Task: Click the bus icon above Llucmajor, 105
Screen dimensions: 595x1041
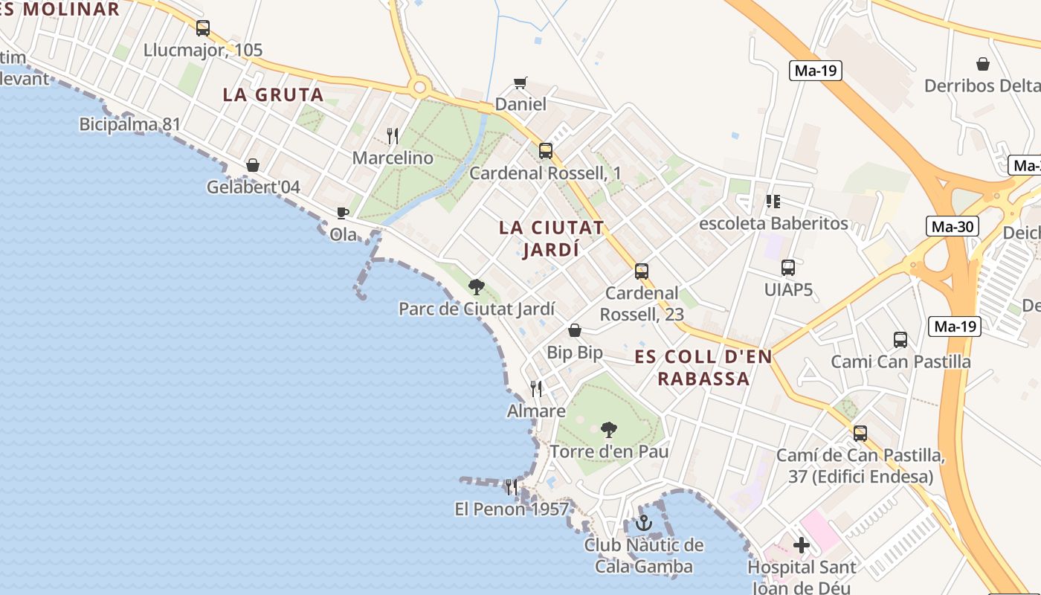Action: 203,28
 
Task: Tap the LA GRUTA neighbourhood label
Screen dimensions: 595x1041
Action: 273,94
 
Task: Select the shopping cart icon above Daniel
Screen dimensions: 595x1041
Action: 520,83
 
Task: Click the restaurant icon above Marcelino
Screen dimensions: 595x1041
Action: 393,135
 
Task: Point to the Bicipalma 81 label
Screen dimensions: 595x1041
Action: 130,123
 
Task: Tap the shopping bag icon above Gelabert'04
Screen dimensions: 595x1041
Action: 253,164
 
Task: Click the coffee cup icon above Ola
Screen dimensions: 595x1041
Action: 342,213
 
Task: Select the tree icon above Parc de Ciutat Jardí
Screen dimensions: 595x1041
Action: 476,286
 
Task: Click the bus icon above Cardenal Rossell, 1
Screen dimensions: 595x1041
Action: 546,151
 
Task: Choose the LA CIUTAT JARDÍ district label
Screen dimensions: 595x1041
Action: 551,238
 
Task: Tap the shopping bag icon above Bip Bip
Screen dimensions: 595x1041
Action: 575,330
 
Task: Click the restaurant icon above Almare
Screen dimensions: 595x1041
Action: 536,388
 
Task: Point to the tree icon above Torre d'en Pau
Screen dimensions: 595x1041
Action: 609,429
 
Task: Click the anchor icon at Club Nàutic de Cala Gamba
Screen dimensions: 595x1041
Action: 644,523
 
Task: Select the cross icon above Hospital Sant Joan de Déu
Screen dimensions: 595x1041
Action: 801,545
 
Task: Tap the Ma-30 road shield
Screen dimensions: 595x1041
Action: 953,226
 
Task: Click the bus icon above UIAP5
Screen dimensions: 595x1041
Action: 788,268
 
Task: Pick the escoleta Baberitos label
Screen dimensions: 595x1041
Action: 773,223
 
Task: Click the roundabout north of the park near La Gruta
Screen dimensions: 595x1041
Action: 420,89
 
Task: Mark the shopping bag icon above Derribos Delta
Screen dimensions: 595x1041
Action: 983,64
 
